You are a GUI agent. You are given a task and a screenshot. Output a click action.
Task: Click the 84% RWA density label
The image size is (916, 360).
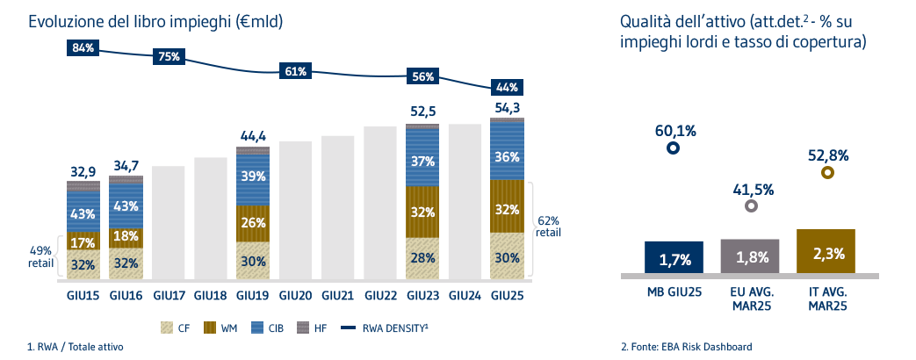coord(83,47)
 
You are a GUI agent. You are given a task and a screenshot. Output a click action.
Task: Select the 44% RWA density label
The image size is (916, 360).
coord(507,87)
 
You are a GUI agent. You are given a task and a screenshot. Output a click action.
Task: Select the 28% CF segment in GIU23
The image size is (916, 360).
coord(422,257)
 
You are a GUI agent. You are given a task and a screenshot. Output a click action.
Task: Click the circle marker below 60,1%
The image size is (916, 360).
coord(673,148)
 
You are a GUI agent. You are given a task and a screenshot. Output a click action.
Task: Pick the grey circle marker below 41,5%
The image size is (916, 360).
coord(750,206)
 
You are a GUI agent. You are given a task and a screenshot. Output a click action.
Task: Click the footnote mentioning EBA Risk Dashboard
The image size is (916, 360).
coord(686,347)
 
